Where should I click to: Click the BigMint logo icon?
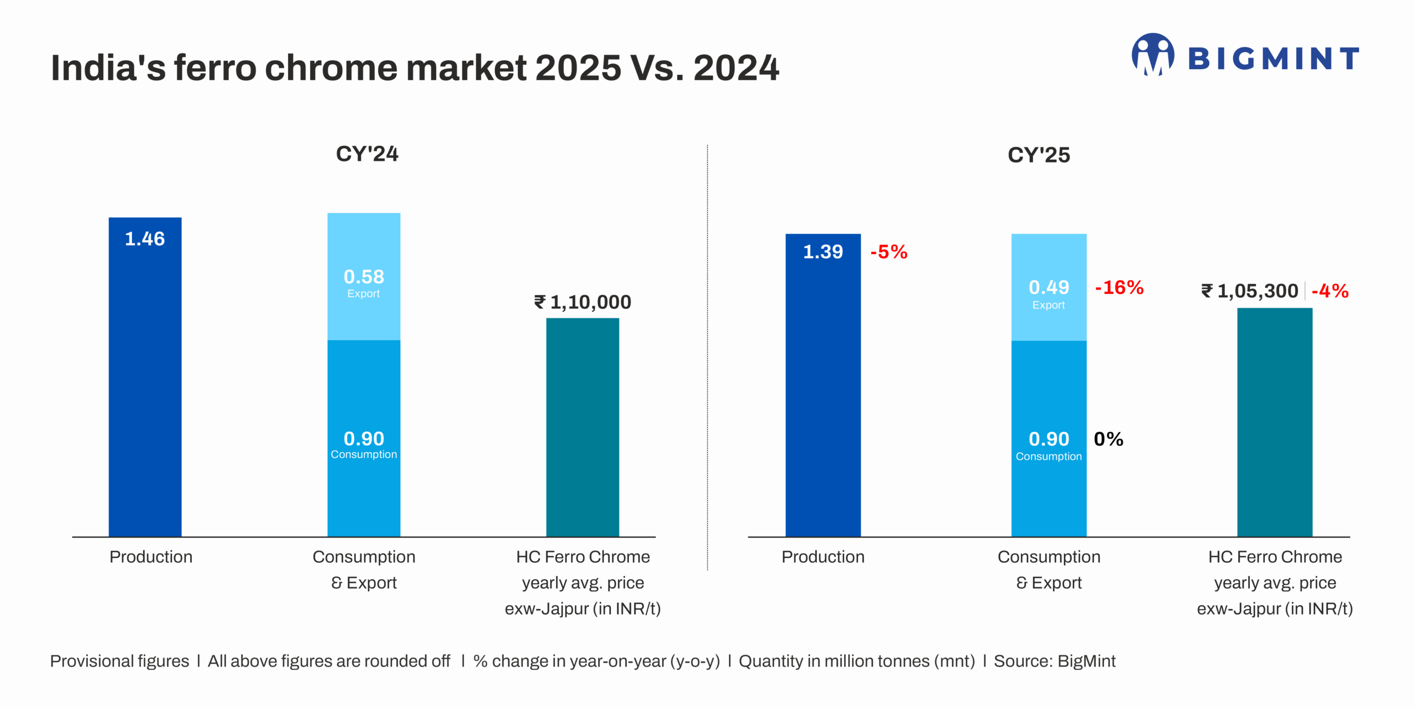1152,55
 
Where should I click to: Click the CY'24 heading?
367,154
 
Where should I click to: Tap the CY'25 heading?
1039,155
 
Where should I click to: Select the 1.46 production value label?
145,239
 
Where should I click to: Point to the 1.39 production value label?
822,252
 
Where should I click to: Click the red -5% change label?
889,252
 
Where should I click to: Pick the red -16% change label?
1119,287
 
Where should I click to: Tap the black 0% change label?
1108,439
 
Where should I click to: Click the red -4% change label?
1330,291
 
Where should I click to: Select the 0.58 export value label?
364,277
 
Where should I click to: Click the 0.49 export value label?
1049,287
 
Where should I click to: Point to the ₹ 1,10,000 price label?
583,302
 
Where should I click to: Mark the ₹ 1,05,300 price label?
1250,291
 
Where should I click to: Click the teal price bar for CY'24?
583,431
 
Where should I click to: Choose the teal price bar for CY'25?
1275,426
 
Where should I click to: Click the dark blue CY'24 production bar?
145,387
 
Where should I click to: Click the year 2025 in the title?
578,68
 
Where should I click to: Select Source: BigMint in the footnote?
1055,661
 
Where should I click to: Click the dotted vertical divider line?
707,359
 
